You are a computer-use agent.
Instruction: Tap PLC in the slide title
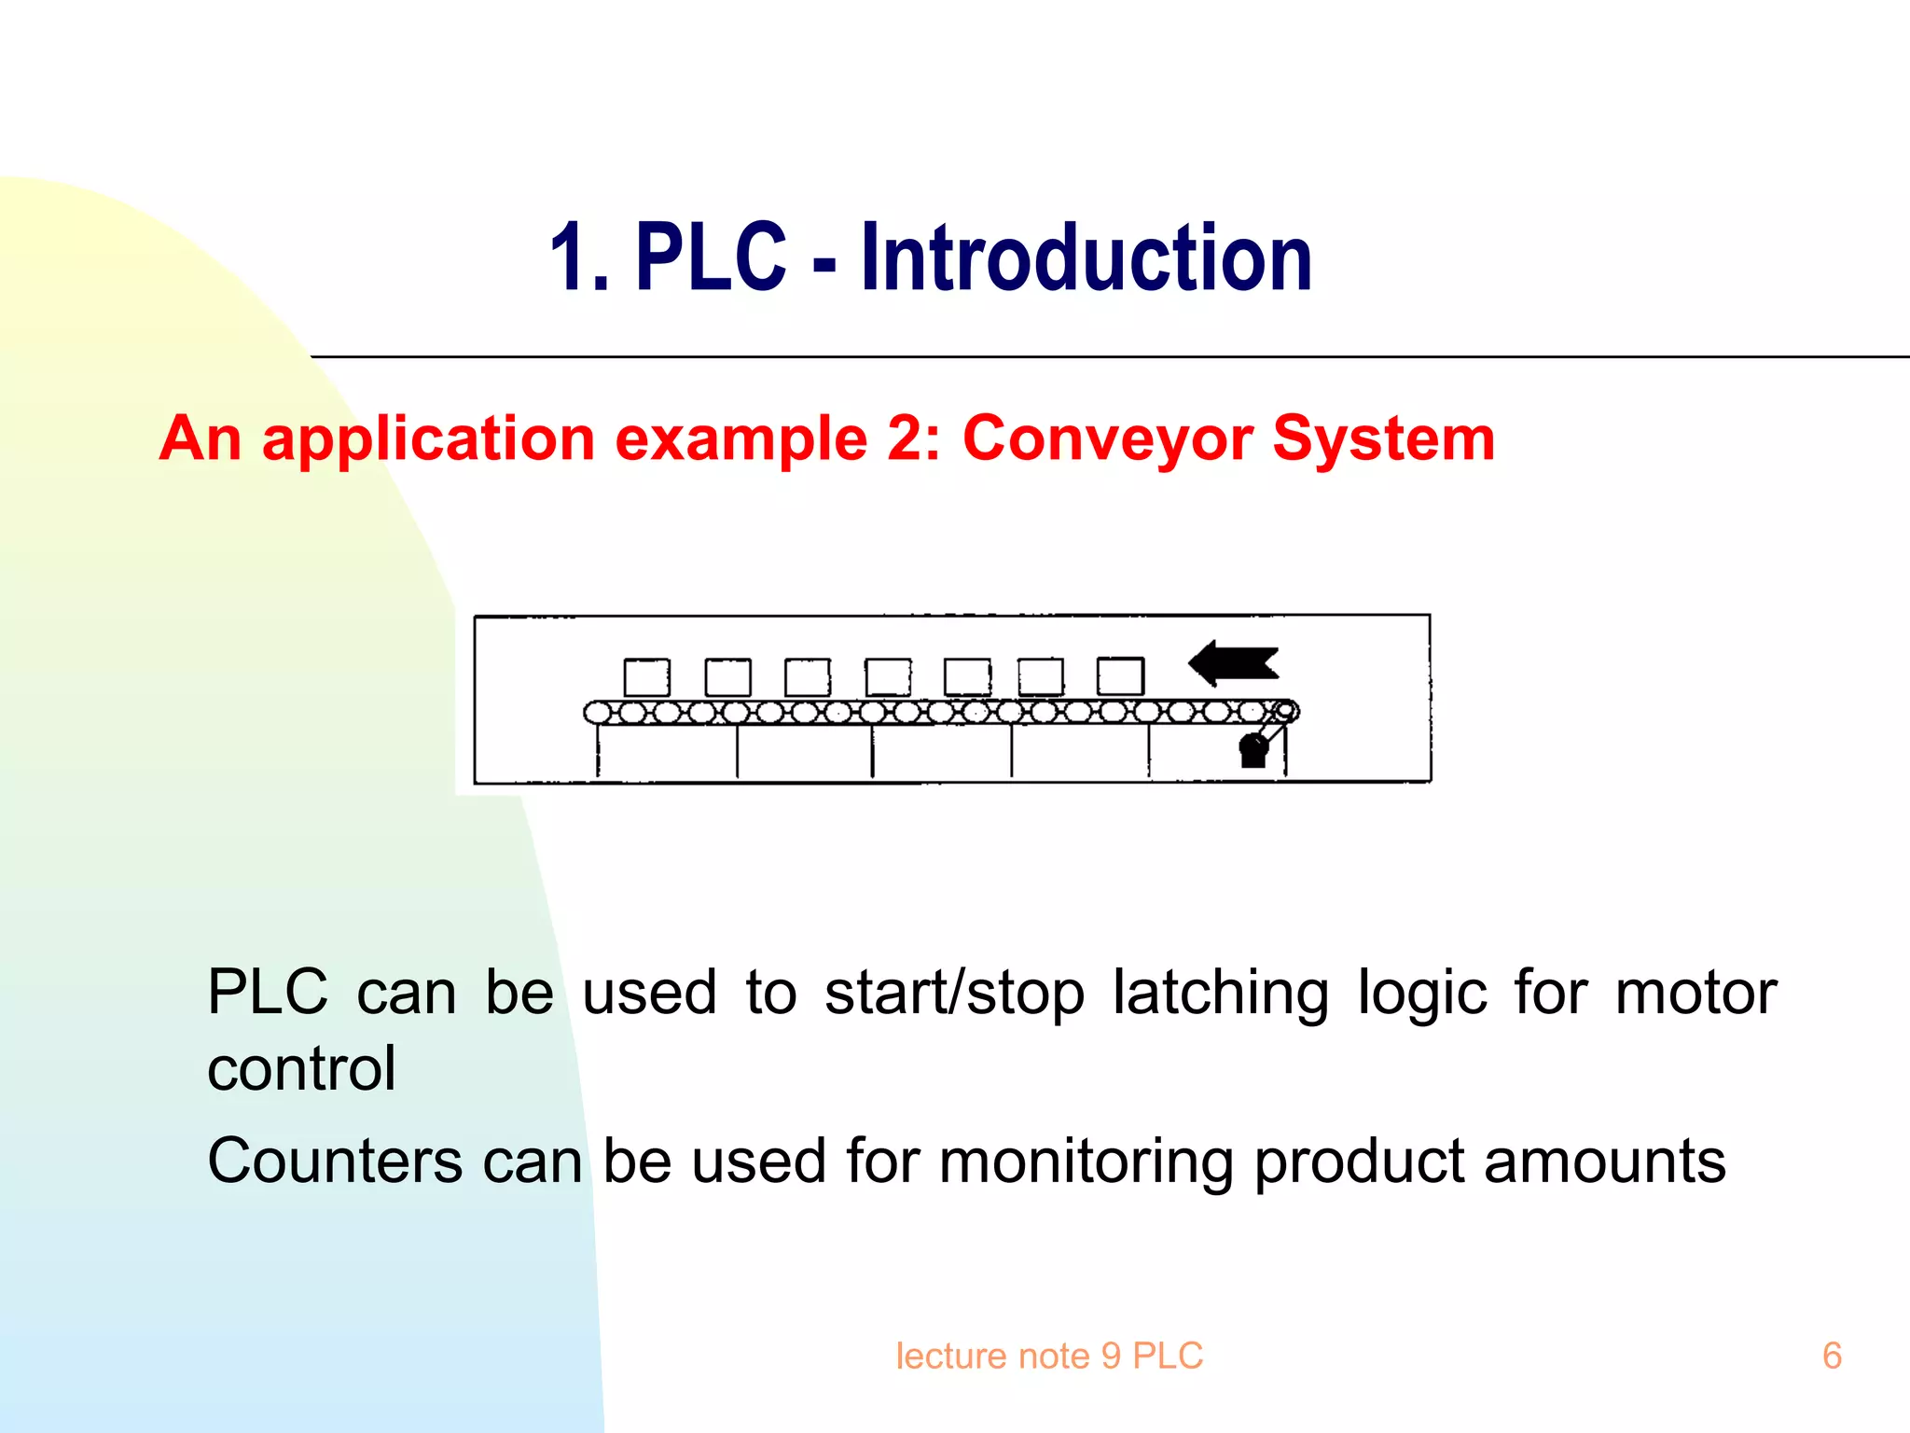pos(711,257)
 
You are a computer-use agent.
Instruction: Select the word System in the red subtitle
pos(1384,438)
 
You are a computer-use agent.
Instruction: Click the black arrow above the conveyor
pos(1233,663)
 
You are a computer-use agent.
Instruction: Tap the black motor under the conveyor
pos(1253,750)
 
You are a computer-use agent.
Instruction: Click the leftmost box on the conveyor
pos(646,677)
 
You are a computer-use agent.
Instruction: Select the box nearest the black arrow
pos(1120,676)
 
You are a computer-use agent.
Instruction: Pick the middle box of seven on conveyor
pos(888,677)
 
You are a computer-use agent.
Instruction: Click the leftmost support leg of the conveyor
pos(598,752)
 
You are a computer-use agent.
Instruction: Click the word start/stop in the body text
pos(954,993)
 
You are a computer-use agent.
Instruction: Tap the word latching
pos(1221,993)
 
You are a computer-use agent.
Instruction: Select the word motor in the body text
pos(1695,993)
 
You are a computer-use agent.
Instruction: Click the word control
pos(301,1069)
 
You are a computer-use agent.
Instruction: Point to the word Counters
pos(335,1162)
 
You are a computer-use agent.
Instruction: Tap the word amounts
pos(1604,1162)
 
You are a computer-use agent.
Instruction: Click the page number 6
pos(1832,1356)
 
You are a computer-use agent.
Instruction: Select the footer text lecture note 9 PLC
pos(1049,1356)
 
